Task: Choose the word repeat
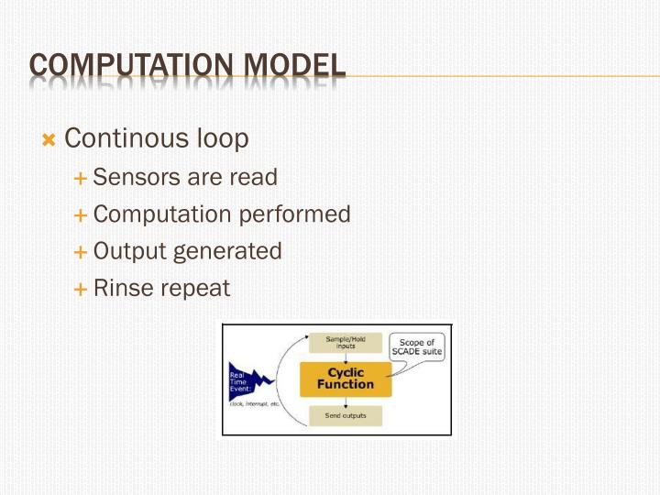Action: point(195,289)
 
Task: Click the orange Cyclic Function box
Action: point(346,379)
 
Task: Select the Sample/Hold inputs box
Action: point(346,342)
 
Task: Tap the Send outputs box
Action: point(346,416)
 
